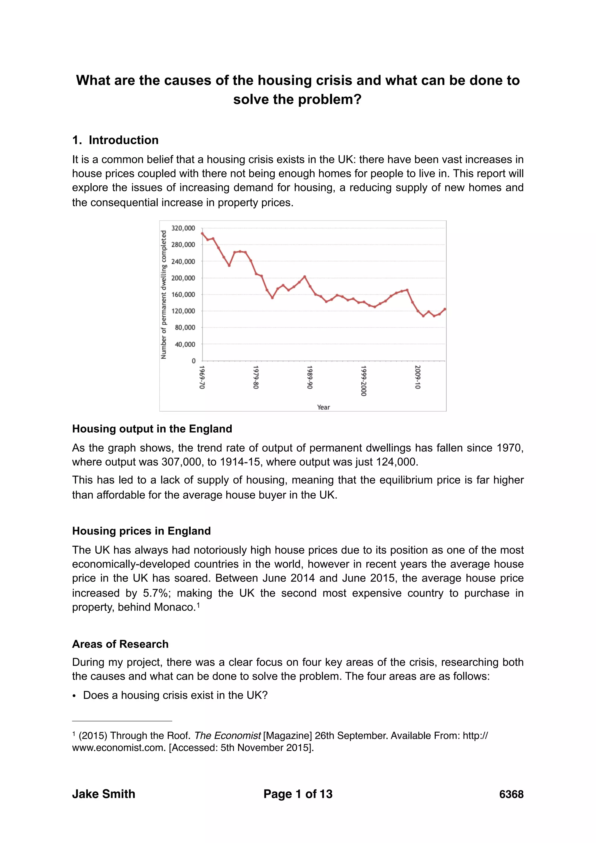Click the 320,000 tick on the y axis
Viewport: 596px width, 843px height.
[x=183, y=228]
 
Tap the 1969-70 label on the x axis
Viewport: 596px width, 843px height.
[x=202, y=377]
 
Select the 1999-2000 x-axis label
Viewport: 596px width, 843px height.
[x=363, y=380]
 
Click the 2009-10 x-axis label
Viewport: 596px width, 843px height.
[x=417, y=377]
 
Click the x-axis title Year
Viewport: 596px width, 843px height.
[x=323, y=407]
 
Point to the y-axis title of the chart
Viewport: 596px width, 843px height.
[x=164, y=295]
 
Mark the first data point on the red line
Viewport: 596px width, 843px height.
[x=203, y=233]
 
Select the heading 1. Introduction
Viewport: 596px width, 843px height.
[x=115, y=140]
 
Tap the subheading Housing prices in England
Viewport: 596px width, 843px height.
[x=141, y=531]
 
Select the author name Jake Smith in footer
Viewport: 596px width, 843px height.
[x=104, y=794]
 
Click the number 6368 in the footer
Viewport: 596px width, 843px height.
[x=511, y=794]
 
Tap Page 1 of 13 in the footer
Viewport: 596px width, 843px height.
[x=298, y=794]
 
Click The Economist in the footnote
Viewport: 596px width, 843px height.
[x=227, y=736]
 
